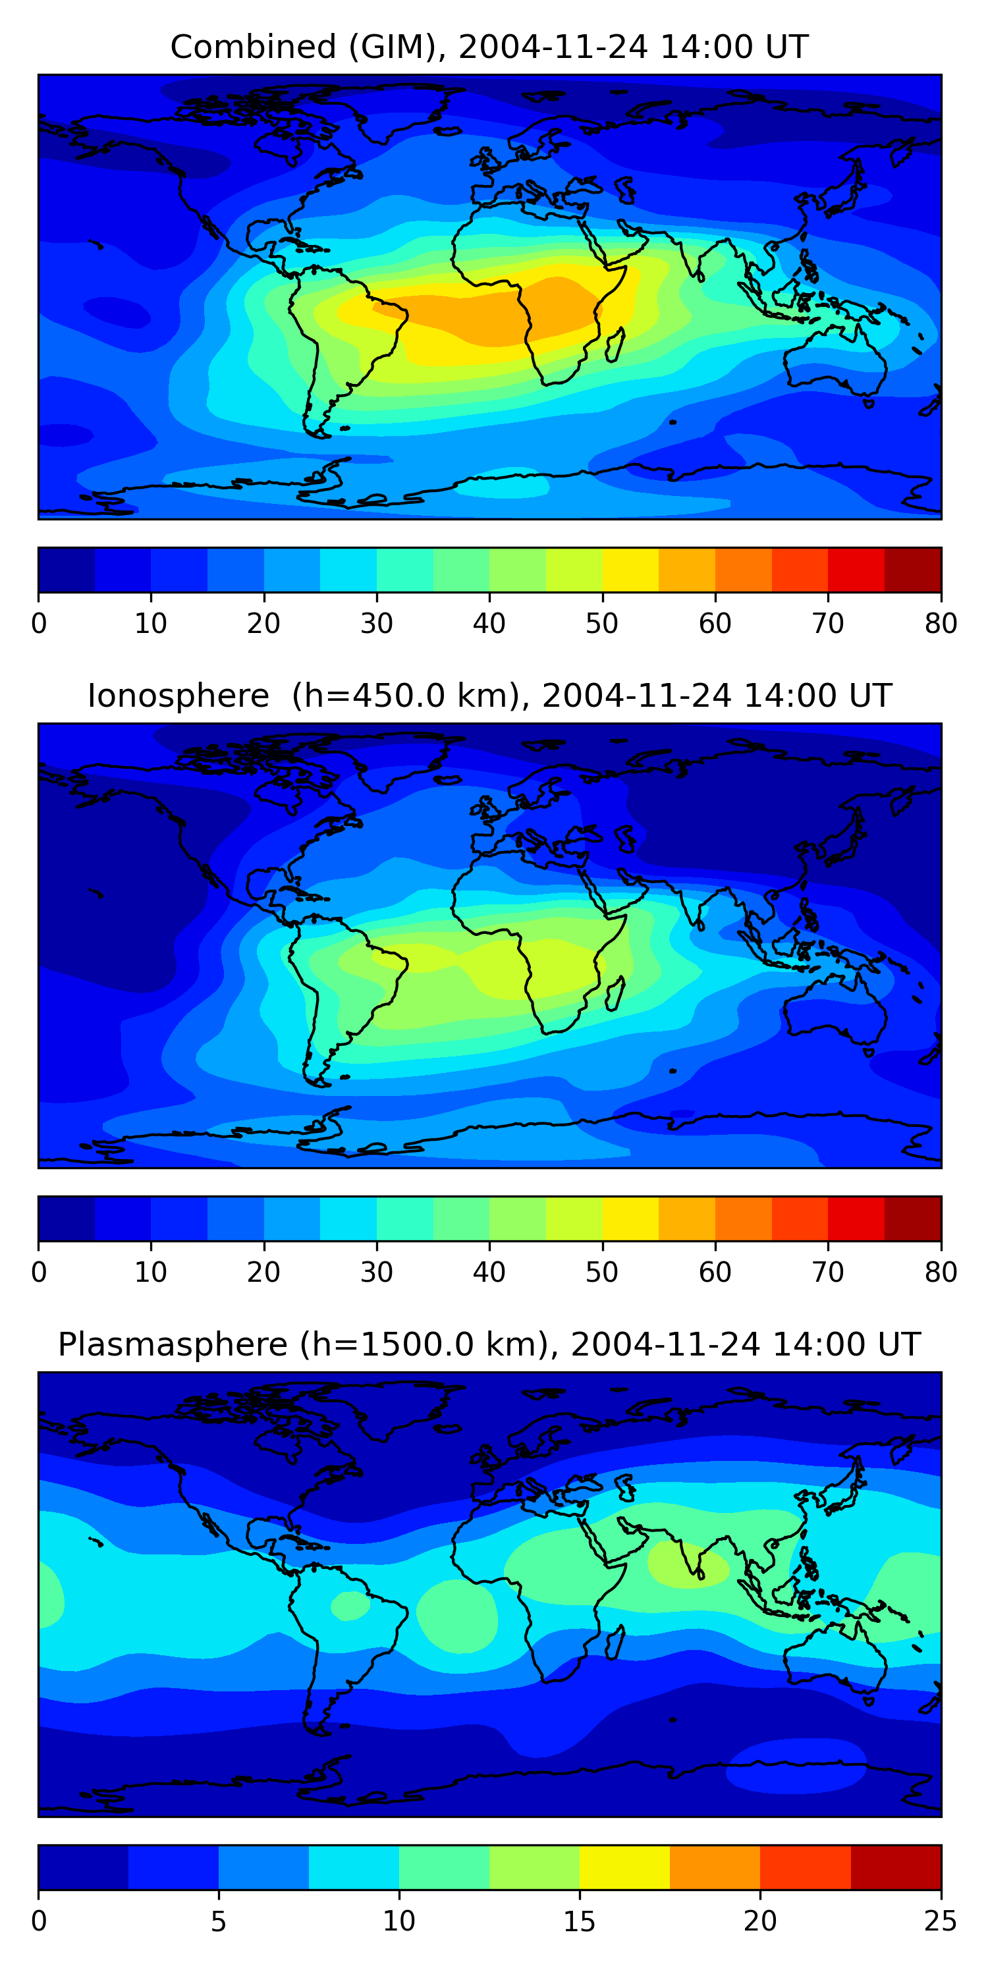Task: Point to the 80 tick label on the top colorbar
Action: click(941, 624)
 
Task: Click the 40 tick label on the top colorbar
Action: click(489, 624)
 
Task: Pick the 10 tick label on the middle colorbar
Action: click(150, 1273)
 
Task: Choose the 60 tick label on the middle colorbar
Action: click(714, 1273)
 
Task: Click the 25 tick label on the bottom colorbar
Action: click(941, 1921)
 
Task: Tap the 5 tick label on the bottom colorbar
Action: click(219, 1921)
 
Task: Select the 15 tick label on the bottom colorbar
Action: click(579, 1921)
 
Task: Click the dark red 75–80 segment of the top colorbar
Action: click(913, 570)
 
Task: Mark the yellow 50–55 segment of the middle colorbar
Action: click(630, 1219)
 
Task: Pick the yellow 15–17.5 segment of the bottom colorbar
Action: click(624, 1868)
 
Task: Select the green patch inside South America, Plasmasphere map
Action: click(350, 1606)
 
